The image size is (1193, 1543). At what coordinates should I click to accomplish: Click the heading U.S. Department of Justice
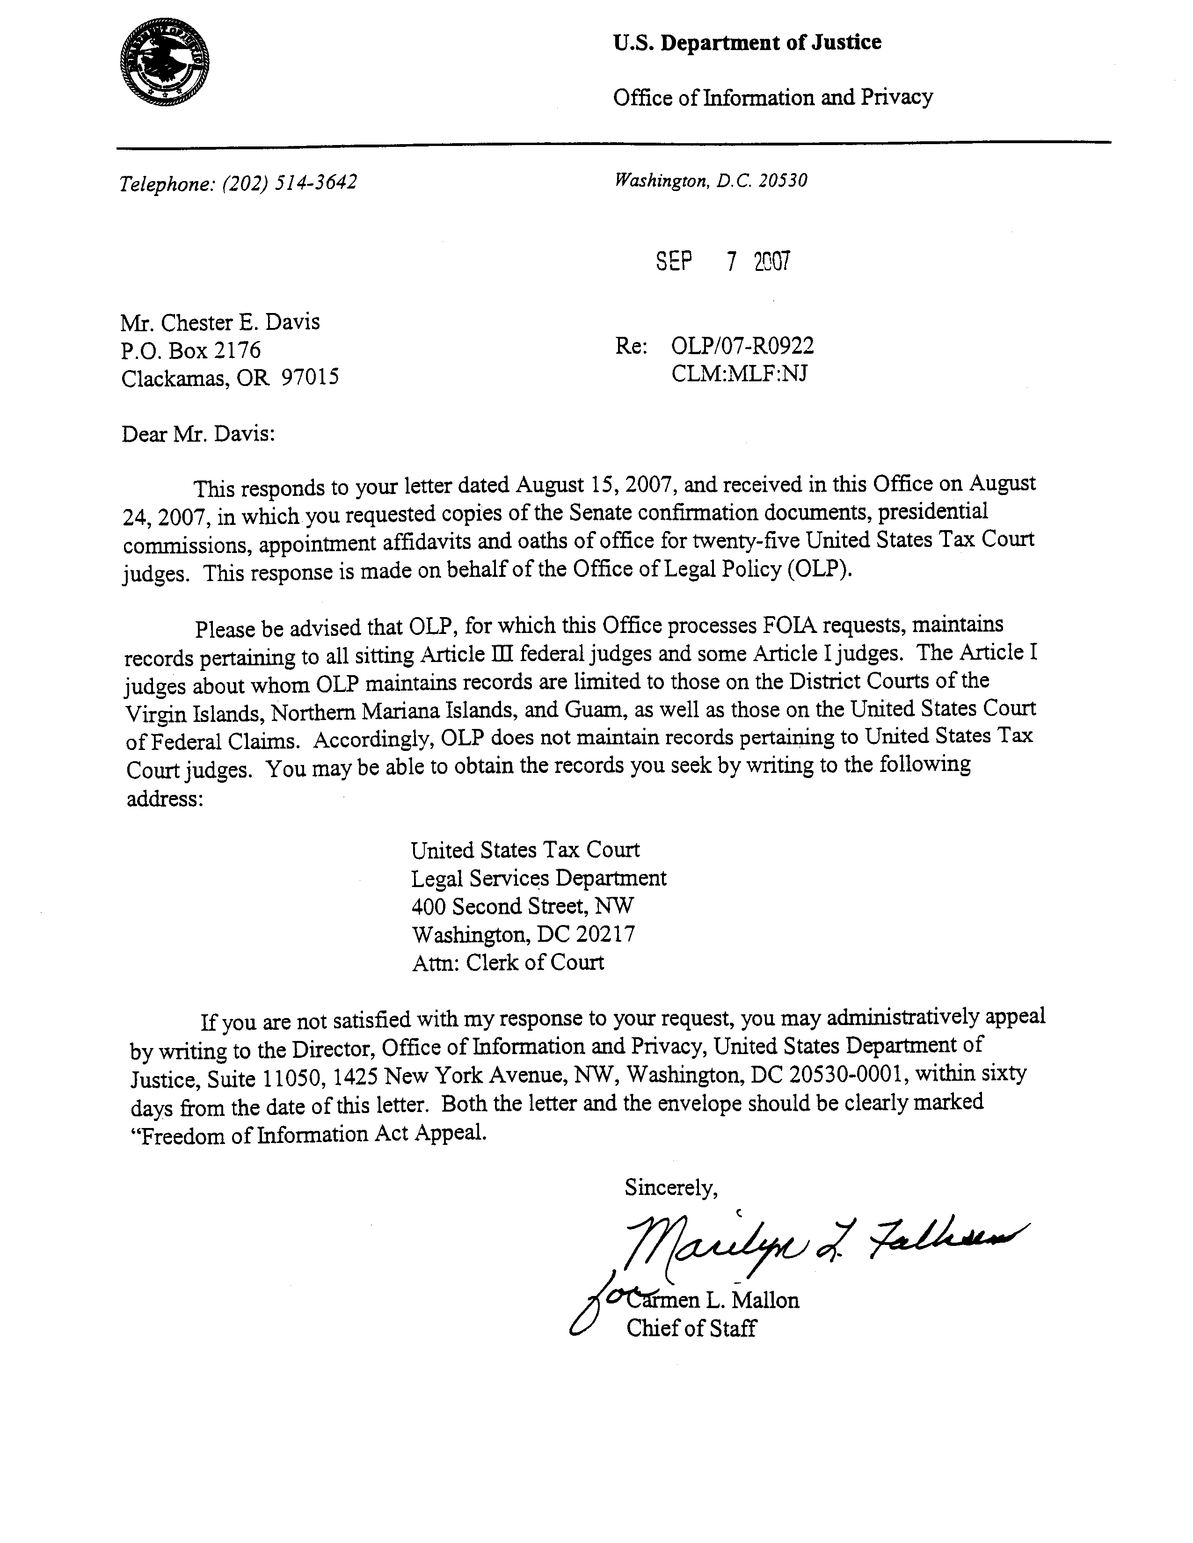click(747, 43)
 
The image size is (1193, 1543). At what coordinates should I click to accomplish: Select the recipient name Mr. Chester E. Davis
click(220, 323)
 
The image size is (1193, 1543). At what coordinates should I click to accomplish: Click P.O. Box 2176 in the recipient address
click(191, 350)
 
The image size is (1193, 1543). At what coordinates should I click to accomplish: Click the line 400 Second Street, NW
click(523, 906)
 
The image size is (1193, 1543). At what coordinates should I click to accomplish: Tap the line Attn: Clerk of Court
click(508, 962)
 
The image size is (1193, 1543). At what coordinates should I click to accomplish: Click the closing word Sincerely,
click(671, 1188)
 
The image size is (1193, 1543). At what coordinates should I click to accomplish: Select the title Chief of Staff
click(691, 1328)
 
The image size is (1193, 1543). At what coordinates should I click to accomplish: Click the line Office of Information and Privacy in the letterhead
click(773, 97)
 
